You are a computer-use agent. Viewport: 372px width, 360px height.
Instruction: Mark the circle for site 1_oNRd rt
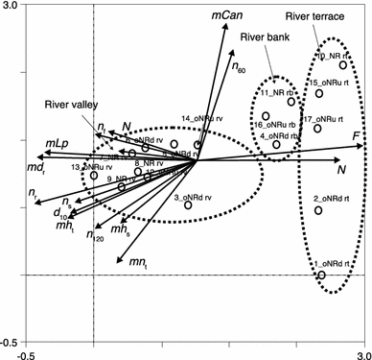coord(321,275)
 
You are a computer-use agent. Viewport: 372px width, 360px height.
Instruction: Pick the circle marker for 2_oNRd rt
coord(318,210)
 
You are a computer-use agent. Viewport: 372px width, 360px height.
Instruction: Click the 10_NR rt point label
coord(329,56)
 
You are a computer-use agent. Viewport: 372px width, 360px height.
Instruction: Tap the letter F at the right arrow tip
coord(357,138)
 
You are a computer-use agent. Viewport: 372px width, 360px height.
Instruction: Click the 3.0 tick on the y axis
coord(11,7)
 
